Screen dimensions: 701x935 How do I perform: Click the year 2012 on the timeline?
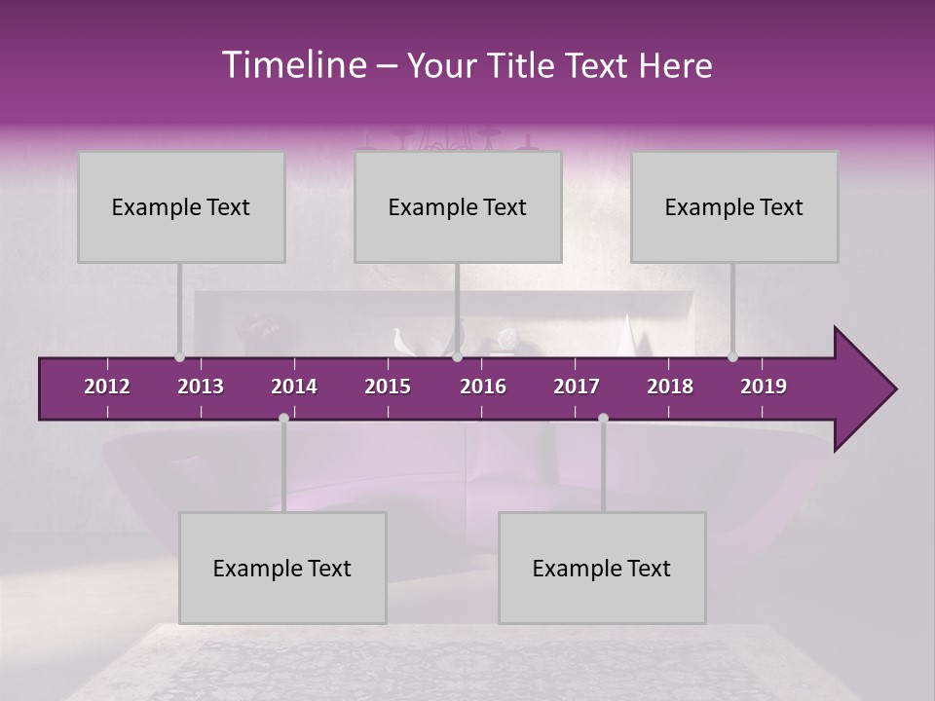click(x=107, y=387)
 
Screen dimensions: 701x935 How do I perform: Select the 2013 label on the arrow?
click(x=201, y=387)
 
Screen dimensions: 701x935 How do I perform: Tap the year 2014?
click(x=294, y=387)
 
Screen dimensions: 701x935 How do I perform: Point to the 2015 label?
click(x=388, y=387)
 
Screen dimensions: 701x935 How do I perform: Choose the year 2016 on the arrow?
click(x=483, y=387)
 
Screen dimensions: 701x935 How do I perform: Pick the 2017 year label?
click(x=577, y=387)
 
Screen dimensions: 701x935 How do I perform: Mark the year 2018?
click(x=670, y=387)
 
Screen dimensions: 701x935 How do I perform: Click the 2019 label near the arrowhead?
click(x=764, y=387)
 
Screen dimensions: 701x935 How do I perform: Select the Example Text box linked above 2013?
click(x=181, y=206)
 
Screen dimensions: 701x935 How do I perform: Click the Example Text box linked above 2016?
click(x=458, y=206)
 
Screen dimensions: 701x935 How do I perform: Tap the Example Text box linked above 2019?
click(x=734, y=206)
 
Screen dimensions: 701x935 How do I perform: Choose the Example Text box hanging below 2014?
click(x=282, y=568)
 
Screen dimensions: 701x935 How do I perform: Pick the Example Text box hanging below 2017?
click(x=602, y=568)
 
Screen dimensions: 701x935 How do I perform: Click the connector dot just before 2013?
click(x=179, y=356)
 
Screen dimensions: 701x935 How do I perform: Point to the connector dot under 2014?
click(x=283, y=418)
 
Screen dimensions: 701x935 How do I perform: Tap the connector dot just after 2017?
click(x=603, y=418)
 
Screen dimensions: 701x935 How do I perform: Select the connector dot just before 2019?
click(x=732, y=356)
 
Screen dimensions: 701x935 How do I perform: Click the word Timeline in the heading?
click(x=291, y=65)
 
